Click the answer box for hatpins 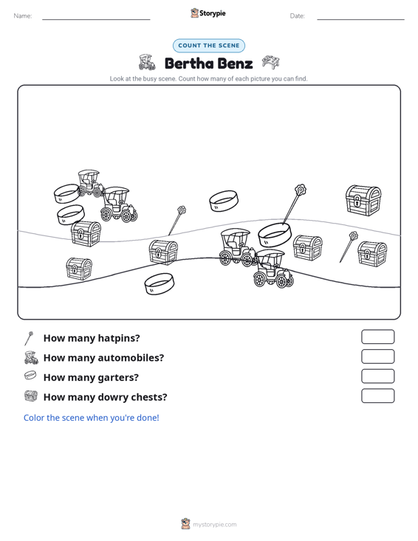377,337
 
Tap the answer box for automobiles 377,356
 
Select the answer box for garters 377,376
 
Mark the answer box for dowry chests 377,396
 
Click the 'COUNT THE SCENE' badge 209,46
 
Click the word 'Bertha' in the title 189,63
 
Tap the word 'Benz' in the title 236,63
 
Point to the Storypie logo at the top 208,13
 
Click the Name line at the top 96,19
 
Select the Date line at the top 360,19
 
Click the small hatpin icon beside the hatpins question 29,338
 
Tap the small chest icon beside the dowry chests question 31,396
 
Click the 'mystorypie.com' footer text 214,525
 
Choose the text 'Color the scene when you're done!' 91,418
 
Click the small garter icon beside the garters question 30,375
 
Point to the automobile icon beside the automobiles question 31,357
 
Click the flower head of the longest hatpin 301,190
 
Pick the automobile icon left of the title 147,62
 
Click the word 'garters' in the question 118,378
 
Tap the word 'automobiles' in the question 131,358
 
